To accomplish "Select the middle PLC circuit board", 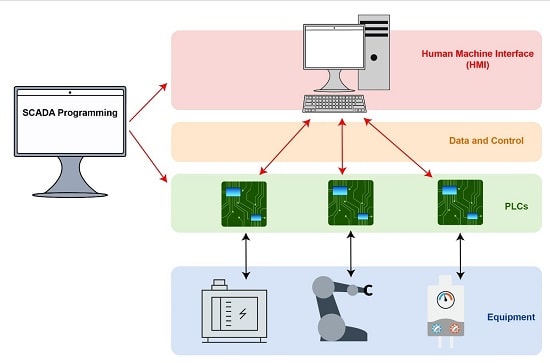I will tap(350, 201).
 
